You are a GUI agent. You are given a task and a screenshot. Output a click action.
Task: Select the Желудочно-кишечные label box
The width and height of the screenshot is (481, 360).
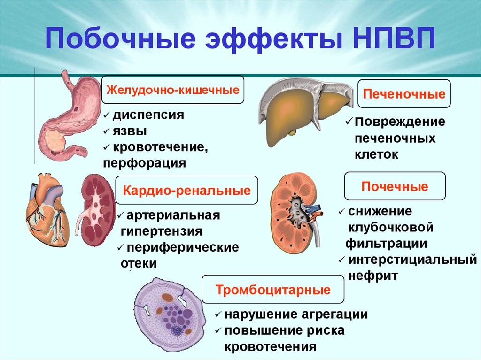click(x=173, y=89)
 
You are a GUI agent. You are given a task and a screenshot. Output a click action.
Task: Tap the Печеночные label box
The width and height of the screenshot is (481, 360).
click(x=404, y=94)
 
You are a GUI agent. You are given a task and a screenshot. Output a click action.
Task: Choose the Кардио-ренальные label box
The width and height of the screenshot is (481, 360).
click(x=187, y=191)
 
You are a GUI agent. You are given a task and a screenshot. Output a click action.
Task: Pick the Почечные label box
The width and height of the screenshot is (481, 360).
click(x=395, y=186)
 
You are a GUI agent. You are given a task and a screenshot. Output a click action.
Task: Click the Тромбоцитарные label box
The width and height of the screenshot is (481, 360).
click(x=273, y=289)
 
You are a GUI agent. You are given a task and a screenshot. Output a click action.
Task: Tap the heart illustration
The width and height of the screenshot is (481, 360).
click(x=47, y=207)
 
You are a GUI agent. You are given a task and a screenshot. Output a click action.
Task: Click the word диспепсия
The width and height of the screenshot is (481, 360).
click(x=147, y=115)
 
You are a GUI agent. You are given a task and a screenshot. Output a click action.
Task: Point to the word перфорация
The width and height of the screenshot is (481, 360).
click(x=144, y=163)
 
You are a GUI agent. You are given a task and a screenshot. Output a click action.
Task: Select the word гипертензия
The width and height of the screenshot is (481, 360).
click(x=162, y=231)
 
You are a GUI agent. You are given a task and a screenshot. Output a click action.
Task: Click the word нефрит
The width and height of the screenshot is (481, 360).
click(x=373, y=276)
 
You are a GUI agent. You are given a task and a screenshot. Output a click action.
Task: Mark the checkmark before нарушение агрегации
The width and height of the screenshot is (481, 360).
click(x=218, y=315)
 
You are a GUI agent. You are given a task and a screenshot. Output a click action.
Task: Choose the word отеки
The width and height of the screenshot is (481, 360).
click(x=138, y=263)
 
